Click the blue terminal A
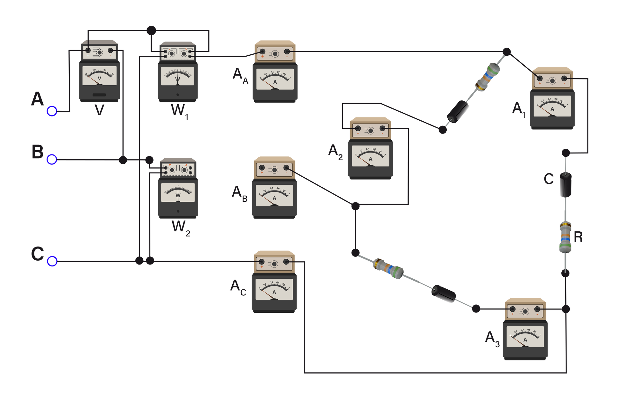(52, 111)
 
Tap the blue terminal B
(52, 160)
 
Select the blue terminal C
(52, 261)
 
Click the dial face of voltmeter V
(99, 76)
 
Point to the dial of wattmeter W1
(177, 77)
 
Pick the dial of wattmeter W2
(178, 193)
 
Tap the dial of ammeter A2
(370, 156)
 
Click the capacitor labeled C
(566, 185)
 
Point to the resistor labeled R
(566, 237)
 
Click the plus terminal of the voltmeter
(88, 51)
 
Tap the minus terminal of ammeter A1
(565, 79)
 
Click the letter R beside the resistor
(578, 237)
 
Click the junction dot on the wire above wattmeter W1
(151, 31)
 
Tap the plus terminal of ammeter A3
(513, 310)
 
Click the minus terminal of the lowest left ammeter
(286, 262)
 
